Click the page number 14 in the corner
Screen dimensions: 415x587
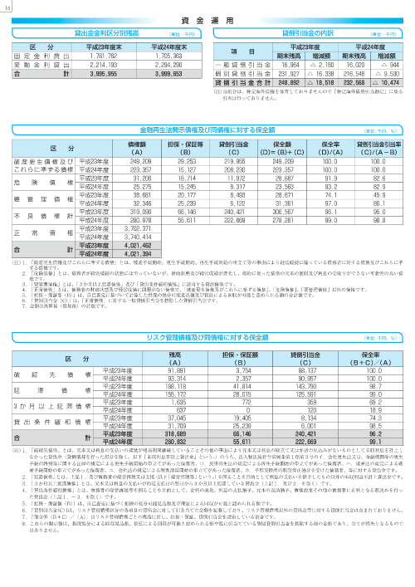point(8,7)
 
